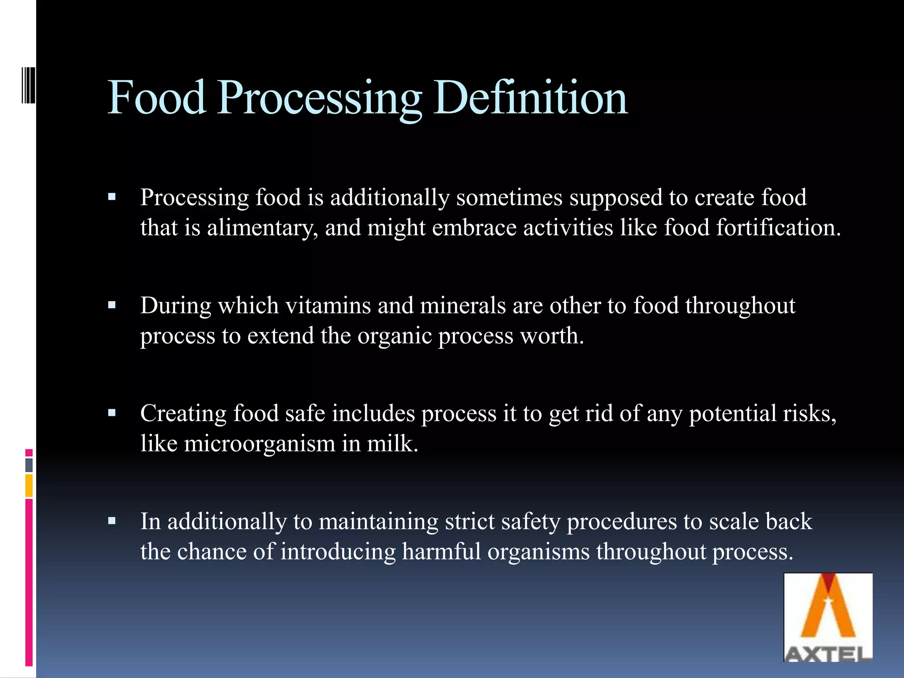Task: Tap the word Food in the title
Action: (157, 98)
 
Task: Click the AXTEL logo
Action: (828, 618)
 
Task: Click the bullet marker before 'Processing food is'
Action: (112, 197)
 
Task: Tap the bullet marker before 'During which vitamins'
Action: (112, 305)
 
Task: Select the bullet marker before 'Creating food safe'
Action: (112, 413)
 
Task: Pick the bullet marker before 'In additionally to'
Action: (112, 521)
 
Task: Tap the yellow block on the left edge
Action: (29, 486)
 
